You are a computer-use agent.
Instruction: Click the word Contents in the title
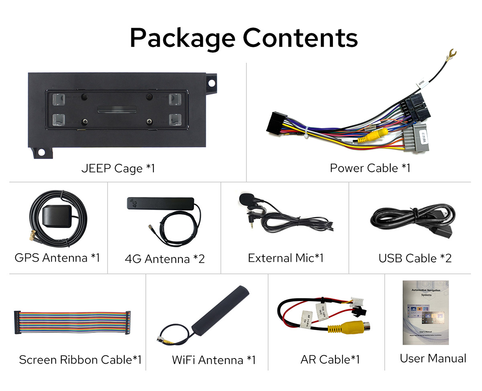coord(300,38)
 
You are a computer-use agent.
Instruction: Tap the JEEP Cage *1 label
coord(118,168)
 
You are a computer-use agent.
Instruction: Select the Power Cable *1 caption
coord(370,168)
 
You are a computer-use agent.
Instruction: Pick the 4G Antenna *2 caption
coord(165,259)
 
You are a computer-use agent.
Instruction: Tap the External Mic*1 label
coord(286,258)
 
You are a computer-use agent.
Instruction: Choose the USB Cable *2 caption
coord(415,258)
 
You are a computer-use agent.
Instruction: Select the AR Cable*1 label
coord(330,359)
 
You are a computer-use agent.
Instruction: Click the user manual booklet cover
coord(425,312)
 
